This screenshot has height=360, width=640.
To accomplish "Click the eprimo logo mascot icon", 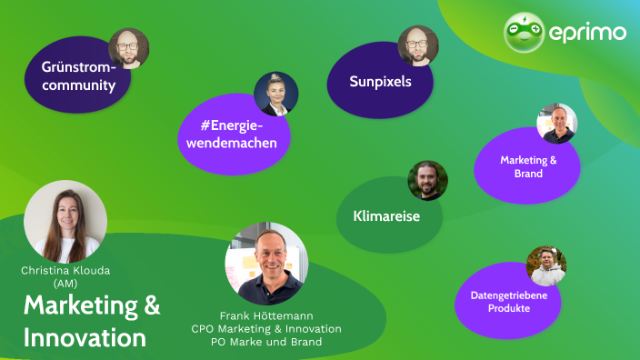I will coord(525,33).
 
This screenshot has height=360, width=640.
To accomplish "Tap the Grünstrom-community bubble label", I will coord(78,76).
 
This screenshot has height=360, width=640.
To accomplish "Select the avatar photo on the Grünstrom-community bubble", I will coord(128,48).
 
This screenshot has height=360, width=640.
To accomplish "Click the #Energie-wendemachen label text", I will coord(232,133).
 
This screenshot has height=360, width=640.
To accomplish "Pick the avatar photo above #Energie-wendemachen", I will coord(276,94).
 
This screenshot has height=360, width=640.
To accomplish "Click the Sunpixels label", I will coord(381,81).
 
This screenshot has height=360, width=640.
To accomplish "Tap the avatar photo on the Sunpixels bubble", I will coord(418,45).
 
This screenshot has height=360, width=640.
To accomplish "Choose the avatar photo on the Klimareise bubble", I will coord(427,180).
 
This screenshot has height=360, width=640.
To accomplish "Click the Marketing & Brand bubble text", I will coord(528,166).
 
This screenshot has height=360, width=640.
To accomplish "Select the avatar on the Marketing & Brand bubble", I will coord(556,124).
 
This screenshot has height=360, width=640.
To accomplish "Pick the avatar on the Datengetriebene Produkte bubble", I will coord(546,265).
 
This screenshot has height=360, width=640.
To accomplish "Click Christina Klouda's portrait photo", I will coord(65,222).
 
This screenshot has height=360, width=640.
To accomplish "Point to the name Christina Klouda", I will coord(65,271).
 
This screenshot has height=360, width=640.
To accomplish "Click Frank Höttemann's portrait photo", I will coord(266,264).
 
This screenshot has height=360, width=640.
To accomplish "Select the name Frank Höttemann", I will coord(266,315).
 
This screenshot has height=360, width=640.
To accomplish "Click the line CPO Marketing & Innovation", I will coord(266,328).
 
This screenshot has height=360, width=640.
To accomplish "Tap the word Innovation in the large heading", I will coord(85,337).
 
